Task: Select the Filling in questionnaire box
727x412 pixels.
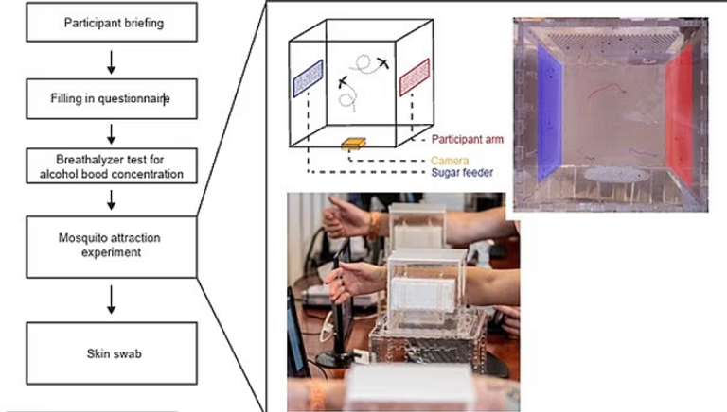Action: click(114, 98)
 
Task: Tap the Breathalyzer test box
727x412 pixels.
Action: click(114, 167)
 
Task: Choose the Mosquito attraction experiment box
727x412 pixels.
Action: click(114, 247)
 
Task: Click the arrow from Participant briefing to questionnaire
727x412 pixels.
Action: click(113, 61)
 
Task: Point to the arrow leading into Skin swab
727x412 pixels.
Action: click(113, 299)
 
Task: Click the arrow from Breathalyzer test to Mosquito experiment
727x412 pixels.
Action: click(113, 199)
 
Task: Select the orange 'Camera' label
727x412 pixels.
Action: click(450, 161)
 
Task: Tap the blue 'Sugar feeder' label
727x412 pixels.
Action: click(460, 173)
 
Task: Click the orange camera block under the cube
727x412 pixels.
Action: click(354, 145)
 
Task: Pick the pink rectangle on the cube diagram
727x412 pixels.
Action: click(416, 77)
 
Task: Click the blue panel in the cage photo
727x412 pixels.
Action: click(548, 113)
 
